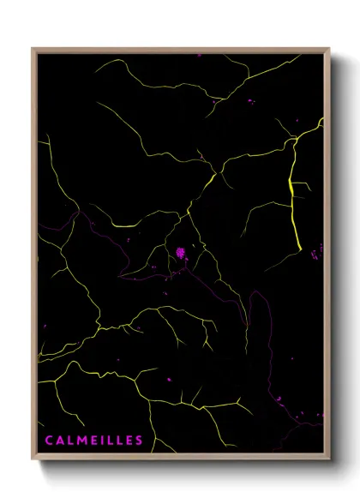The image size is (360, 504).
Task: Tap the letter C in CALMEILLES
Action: [x=49, y=441]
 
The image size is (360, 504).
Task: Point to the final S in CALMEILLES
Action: [x=139, y=441]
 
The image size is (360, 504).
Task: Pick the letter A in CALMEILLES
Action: [x=59, y=441]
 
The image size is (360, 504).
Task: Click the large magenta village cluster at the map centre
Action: [x=181, y=253]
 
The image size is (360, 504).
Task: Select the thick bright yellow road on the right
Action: [x=294, y=197]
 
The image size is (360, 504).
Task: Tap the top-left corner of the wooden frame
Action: [x=33, y=49]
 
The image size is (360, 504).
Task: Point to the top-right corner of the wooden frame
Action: [x=329, y=49]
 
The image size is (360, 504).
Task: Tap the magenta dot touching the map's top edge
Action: [x=199, y=55]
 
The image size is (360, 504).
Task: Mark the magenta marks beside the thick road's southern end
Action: [x=315, y=251]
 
